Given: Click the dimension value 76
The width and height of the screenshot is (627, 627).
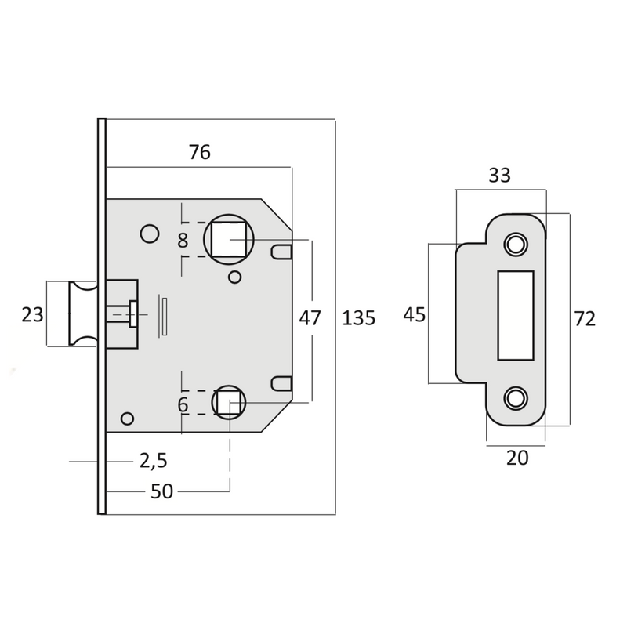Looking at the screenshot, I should coord(200,152).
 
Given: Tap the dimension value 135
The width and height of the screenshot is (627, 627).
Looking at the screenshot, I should coord(359,318).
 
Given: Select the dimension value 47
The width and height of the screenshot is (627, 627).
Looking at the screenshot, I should coord(310,318).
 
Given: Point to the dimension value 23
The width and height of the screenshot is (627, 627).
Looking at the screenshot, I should coord(32,315).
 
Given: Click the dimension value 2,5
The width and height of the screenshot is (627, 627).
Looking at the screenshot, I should coord(153,461).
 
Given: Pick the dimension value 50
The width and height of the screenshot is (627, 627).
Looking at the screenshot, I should coord(161,491).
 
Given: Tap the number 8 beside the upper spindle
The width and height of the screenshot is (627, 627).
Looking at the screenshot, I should coord(183,241).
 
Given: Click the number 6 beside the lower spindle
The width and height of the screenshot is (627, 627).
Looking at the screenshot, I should coord(183,405).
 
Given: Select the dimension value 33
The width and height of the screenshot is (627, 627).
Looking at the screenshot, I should coord(499,176).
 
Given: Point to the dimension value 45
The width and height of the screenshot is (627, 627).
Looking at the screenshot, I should coord(414,315).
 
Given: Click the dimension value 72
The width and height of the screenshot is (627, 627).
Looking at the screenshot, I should coord(585,319).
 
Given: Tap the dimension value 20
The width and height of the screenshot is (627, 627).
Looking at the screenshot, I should coord(517,458).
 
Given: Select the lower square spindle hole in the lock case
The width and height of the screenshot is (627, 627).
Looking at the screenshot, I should coord(229,403).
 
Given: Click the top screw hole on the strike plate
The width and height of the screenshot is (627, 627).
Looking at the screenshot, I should coord(515,244).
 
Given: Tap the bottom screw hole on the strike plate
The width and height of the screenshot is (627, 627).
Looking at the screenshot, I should coord(515,397).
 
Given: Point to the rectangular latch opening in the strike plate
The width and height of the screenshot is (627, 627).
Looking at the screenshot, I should coord(515,314).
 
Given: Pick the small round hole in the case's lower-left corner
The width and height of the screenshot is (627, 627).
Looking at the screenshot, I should coord(128,418).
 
